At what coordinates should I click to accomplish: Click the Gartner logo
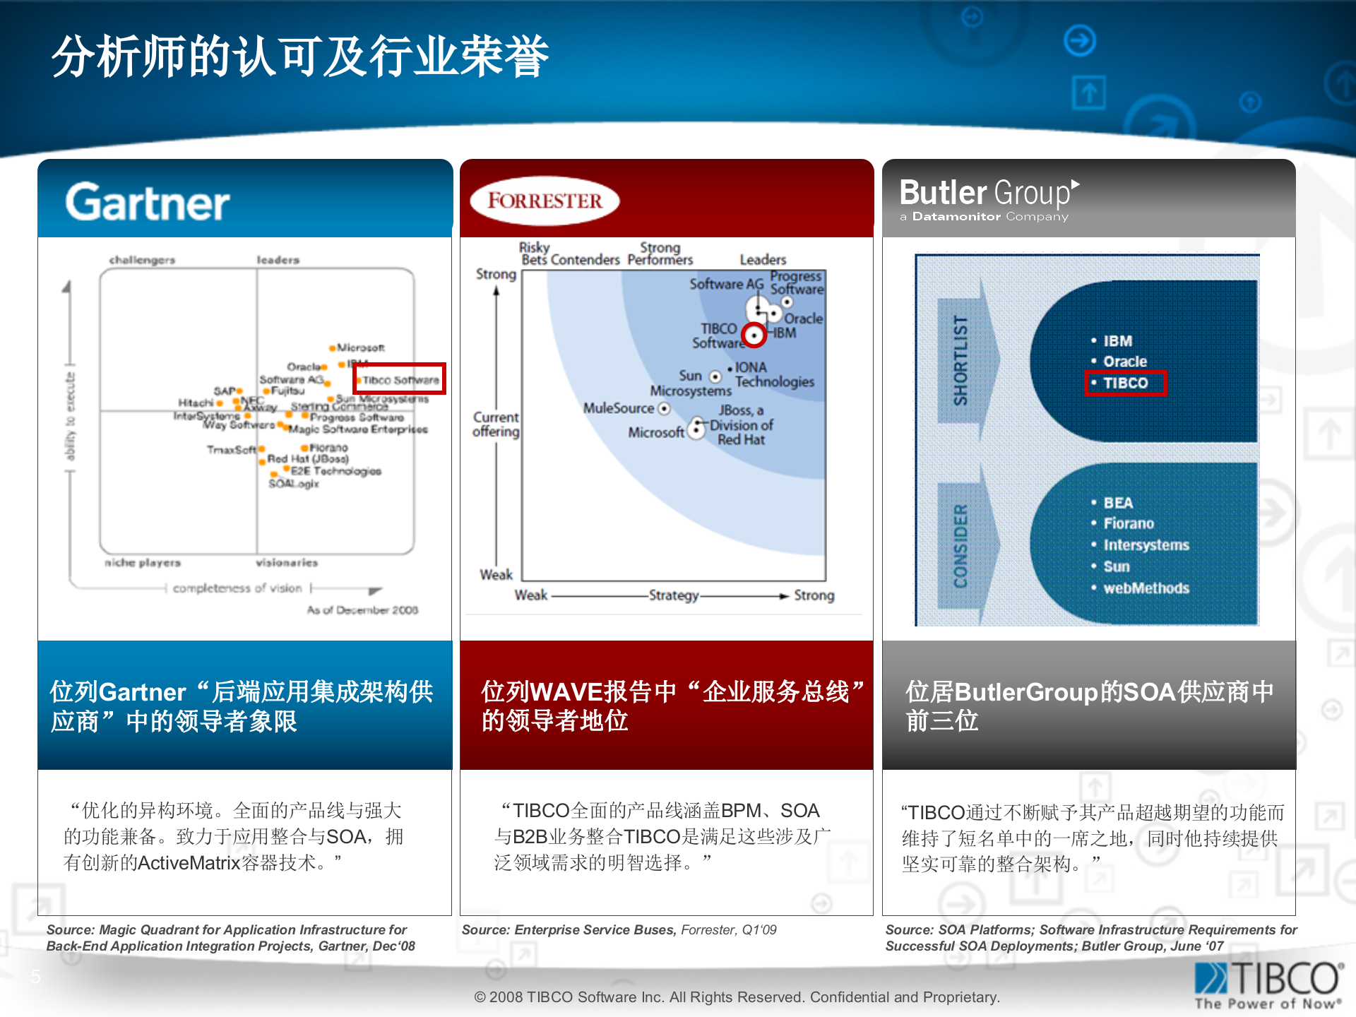pos(148,203)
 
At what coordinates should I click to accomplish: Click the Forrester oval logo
pos(544,201)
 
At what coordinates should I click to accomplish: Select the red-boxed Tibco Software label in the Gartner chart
pos(400,379)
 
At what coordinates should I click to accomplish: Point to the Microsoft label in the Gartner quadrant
pos(360,347)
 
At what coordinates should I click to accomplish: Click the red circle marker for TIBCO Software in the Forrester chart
pos(755,335)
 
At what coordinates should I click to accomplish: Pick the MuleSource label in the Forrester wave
pos(619,408)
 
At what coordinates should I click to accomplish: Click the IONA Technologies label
pos(774,374)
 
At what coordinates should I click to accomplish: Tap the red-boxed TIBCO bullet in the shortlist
pos(1126,383)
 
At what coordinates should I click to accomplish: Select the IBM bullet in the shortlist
pos(1117,341)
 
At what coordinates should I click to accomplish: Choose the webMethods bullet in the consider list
pos(1146,588)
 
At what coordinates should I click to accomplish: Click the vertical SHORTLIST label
pos(961,360)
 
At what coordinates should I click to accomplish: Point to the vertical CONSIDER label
pos(961,545)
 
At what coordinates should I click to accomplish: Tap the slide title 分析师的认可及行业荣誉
pos(300,56)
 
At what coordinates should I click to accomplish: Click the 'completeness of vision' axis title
pos(237,588)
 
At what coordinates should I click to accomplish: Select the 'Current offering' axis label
pos(496,424)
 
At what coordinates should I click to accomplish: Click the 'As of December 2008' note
pos(362,610)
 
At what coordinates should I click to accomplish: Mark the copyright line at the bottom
pos(737,997)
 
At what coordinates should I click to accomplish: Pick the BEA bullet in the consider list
pos(1117,503)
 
